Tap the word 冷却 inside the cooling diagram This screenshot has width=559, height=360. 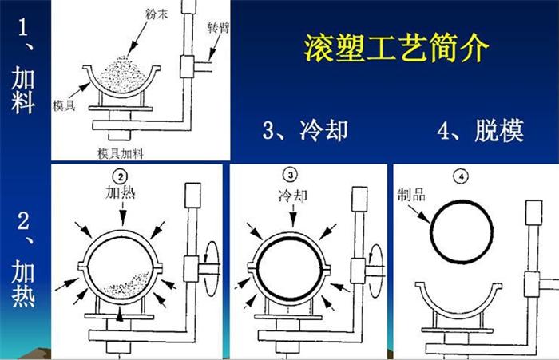tap(291, 194)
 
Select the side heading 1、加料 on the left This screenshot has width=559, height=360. tap(23, 68)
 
